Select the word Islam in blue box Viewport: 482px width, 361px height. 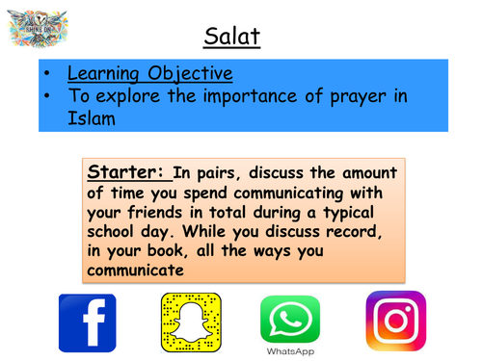pyautogui.click(x=92, y=117)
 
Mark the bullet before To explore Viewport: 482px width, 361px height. pyautogui.click(x=49, y=96)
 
